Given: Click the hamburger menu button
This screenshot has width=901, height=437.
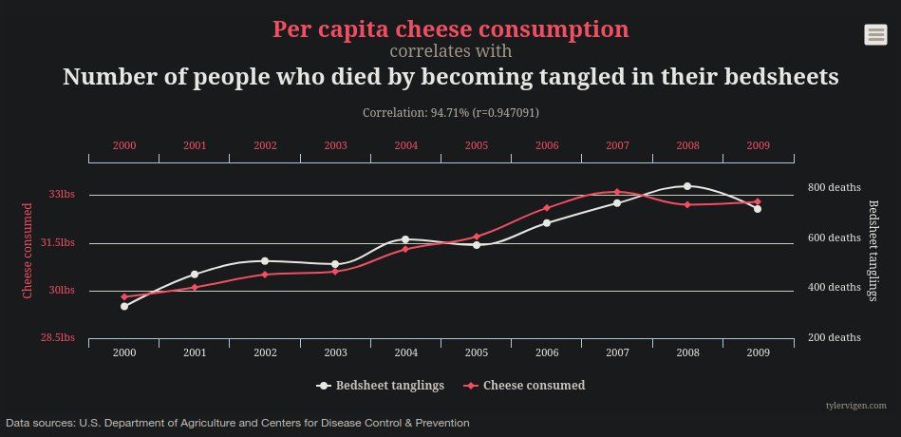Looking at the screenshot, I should [875, 34].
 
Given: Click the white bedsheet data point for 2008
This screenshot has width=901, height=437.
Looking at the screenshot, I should [686, 186].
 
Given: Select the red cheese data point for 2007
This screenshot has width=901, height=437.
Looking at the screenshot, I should [616, 192].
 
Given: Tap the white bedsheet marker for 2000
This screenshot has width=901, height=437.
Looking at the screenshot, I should [124, 306].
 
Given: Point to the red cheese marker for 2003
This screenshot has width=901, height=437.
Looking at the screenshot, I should [335, 271].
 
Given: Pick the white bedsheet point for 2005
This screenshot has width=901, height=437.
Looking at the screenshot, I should [477, 245].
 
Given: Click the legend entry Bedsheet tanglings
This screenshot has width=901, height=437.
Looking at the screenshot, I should [381, 386].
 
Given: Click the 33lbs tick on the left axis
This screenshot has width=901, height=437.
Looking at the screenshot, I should [61, 195].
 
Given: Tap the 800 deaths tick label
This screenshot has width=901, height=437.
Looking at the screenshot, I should [835, 187].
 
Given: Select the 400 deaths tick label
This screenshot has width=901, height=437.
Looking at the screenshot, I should [835, 287].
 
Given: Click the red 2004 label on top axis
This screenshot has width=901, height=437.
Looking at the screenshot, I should [405, 145].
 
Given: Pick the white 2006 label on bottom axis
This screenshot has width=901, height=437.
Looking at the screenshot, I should [547, 352].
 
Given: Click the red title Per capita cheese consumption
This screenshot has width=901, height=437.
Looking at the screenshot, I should [451, 29].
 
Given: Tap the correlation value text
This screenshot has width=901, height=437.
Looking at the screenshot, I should [451, 113].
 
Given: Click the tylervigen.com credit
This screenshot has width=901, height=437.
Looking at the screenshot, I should [855, 406].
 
